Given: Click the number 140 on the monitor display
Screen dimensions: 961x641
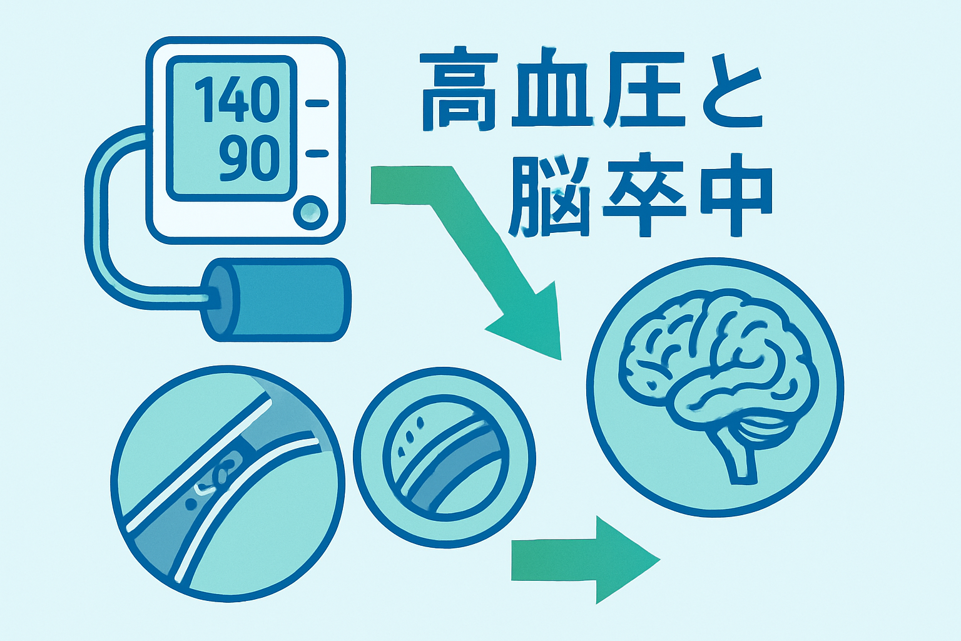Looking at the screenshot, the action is click(x=236, y=100).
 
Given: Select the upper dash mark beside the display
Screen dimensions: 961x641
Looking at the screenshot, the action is click(x=317, y=103).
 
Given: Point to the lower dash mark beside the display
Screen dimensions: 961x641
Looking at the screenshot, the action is click(x=317, y=153).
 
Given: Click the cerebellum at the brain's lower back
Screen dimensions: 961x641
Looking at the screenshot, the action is click(x=766, y=426).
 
